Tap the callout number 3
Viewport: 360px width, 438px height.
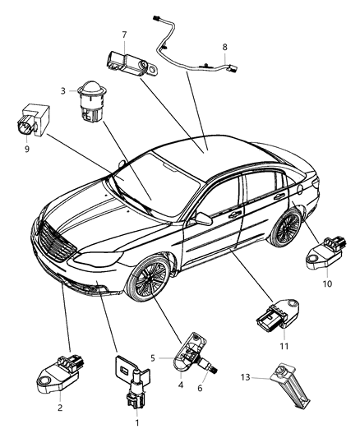62,92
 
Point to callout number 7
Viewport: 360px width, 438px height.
124,35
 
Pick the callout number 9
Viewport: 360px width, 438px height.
27,150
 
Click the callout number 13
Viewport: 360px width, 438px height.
244,377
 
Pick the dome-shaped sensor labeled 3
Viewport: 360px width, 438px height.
90,103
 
